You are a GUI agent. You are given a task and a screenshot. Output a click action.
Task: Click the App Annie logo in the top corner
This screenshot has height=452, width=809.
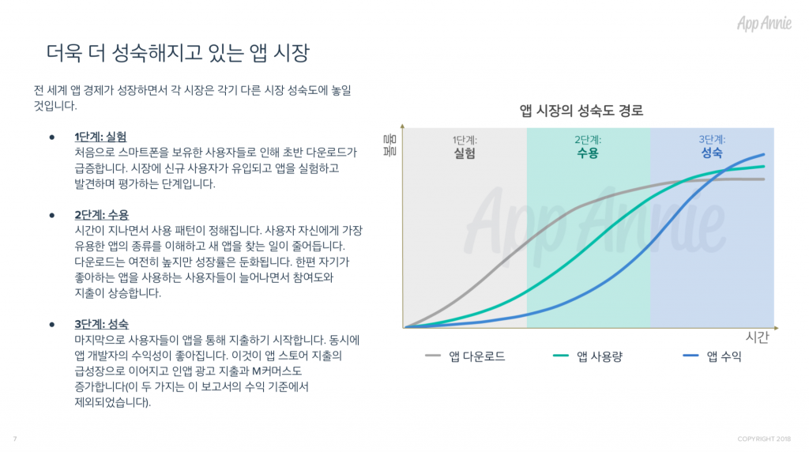pos(764,23)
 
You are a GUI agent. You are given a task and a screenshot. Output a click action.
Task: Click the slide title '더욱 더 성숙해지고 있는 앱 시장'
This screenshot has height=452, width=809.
pos(178,53)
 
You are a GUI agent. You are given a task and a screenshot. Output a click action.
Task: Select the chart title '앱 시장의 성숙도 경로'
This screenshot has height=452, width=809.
pos(581,111)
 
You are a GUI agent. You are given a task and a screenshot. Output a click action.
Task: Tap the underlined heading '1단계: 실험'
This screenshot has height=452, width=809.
pos(100,137)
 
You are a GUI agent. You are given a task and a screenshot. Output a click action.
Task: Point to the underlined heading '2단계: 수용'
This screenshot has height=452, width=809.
pos(102,215)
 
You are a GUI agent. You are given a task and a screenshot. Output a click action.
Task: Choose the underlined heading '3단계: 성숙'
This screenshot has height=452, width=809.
pos(102,324)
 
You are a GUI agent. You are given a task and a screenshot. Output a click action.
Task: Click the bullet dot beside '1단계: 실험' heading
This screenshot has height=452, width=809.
pos(52,137)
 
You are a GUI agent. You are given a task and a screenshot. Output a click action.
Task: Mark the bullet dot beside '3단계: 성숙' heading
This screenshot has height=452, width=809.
pos(52,325)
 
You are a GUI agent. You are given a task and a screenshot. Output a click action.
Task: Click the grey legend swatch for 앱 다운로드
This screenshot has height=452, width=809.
pos(433,356)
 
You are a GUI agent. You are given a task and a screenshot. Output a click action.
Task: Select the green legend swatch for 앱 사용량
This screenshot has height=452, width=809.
pos(560,356)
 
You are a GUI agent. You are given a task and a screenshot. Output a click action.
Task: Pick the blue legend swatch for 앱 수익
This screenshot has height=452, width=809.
pos(690,356)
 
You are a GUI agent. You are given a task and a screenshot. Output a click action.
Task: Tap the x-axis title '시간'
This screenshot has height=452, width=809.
pos(757,337)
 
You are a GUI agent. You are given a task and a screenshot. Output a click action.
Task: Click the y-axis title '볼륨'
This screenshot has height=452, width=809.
pos(390,145)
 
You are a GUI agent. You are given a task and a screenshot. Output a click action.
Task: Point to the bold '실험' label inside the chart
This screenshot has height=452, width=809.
pos(465,153)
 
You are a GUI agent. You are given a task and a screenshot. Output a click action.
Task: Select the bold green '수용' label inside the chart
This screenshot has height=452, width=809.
pos(588,153)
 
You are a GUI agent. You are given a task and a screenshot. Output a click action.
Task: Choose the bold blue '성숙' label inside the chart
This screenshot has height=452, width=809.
pos(712,153)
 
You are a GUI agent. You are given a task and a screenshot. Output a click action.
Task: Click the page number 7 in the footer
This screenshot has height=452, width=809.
pos(15,439)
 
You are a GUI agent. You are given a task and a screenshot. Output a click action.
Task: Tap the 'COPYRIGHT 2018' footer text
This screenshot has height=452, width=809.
pos(764,439)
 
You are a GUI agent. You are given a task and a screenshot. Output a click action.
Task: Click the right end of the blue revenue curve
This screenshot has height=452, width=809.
pos(764,154)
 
